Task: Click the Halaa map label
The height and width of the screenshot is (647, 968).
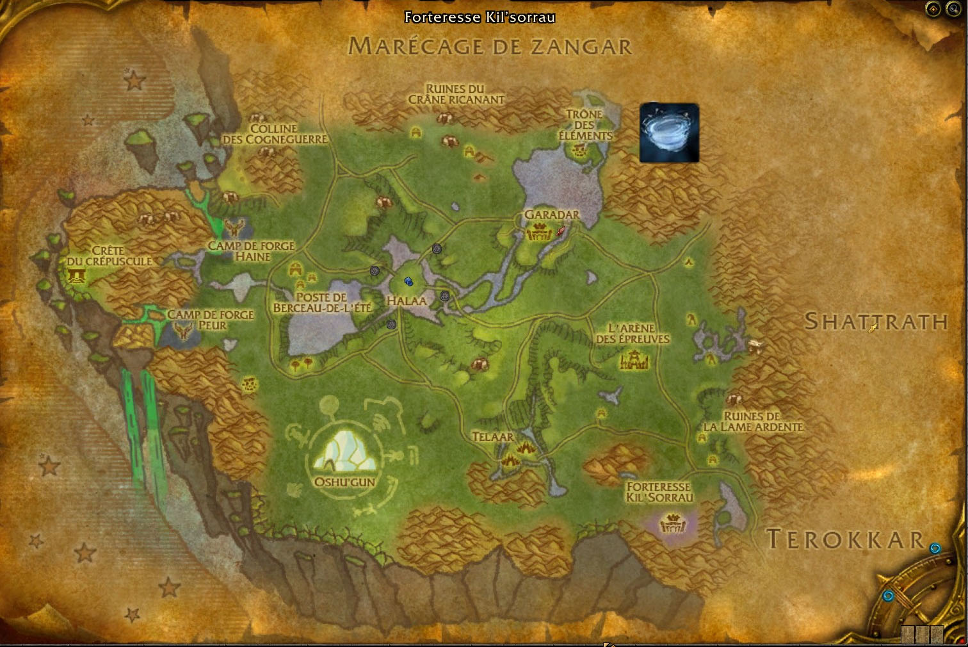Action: (407, 300)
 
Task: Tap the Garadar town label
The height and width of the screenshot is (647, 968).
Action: (551, 215)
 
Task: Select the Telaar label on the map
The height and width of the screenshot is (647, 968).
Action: (492, 437)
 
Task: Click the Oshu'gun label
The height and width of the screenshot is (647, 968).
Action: (344, 482)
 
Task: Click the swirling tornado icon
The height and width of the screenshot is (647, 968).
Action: (669, 133)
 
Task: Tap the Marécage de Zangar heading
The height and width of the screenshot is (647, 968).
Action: (490, 46)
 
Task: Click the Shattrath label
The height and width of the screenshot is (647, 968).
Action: (876, 321)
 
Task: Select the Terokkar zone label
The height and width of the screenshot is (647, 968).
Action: (845, 539)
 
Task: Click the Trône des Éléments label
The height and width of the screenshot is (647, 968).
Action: (585, 125)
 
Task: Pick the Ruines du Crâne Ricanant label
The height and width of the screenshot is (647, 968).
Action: (456, 94)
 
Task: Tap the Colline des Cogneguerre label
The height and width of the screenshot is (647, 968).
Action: (275, 134)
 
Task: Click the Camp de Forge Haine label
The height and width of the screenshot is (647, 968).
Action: (252, 251)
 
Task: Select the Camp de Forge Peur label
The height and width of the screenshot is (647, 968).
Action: (211, 320)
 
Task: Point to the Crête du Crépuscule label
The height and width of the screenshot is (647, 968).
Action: (109, 256)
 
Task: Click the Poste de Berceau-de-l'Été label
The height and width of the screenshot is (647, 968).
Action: (322, 302)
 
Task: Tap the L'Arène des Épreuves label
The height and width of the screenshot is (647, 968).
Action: (632, 333)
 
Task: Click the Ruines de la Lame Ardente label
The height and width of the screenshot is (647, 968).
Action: (753, 422)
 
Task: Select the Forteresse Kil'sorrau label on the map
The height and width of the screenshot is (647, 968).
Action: (659, 492)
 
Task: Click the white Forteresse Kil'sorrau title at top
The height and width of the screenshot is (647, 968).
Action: (480, 17)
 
